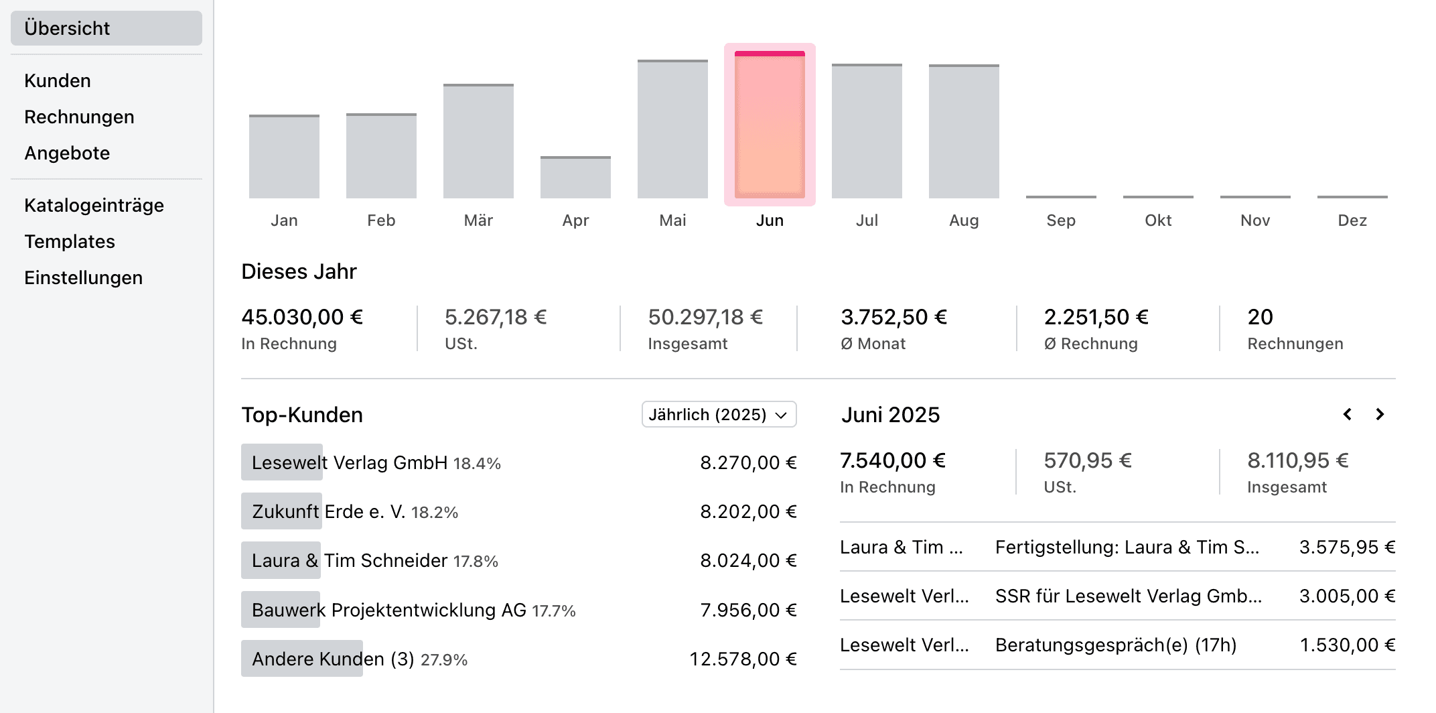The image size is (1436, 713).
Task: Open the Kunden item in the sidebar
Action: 58,80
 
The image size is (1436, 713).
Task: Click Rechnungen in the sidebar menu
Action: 79,117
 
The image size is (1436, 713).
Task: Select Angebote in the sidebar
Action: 67,153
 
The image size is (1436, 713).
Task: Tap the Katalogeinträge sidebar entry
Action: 94,205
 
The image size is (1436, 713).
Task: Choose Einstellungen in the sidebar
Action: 83,277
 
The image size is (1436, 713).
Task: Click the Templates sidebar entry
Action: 70,241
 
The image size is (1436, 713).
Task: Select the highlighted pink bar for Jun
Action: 770,125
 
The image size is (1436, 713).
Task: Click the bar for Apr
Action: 575,178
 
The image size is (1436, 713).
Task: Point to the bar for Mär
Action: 478,141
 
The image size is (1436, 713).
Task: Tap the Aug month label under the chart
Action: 964,220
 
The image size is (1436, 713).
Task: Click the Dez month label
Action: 1352,220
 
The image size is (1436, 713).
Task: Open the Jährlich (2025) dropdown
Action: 719,415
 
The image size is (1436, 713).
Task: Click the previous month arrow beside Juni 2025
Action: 1348,415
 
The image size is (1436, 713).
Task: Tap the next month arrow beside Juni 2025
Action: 1380,415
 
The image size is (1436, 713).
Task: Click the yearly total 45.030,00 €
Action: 302,317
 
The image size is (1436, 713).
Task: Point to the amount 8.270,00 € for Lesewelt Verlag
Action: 748,463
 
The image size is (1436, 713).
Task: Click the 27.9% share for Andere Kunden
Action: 444,660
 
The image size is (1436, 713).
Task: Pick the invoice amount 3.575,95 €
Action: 1347,547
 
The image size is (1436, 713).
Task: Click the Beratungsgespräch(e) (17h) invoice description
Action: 1116,645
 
